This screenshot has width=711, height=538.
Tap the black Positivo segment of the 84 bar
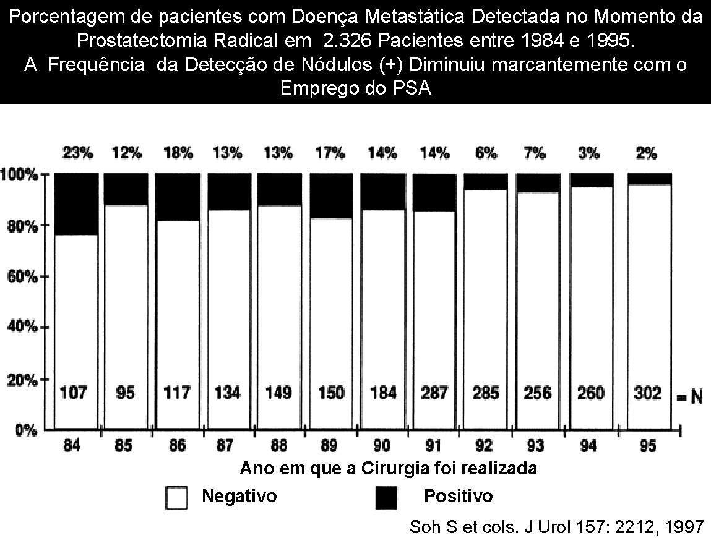[x=76, y=204]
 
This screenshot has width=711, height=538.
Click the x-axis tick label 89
[x=330, y=446]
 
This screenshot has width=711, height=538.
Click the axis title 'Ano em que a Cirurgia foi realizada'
[x=388, y=468]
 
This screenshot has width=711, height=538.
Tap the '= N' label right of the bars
[x=688, y=396]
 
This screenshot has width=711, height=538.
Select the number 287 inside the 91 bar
[x=434, y=393]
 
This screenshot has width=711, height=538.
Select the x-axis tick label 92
[x=485, y=446]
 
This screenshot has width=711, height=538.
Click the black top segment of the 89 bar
[x=330, y=195]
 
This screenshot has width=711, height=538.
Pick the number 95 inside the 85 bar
[x=126, y=393]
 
